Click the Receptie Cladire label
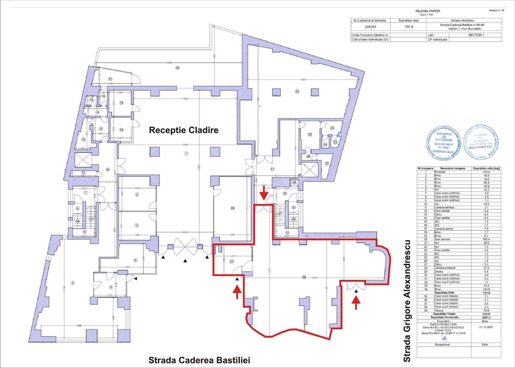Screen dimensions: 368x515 click(x=183, y=130)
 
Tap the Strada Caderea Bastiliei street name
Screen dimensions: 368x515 click(x=199, y=360)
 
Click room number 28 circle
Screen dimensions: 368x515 click(x=233, y=208)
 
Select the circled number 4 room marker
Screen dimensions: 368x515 click(x=72, y=283)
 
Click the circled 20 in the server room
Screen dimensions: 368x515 click(x=297, y=91)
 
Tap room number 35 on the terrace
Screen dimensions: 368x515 click(x=177, y=68)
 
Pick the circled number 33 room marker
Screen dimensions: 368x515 click(x=232, y=261)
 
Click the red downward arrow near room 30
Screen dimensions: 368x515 click(x=264, y=193)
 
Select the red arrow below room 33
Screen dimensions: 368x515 click(x=237, y=292)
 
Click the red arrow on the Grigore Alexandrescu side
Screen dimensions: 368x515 click(x=356, y=302)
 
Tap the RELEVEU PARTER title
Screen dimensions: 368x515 click(x=428, y=11)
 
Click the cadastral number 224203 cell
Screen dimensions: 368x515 click(x=370, y=27)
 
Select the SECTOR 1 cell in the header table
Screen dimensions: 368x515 click(x=476, y=35)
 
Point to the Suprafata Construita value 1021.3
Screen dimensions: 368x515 click(x=486, y=317)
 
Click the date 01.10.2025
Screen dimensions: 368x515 click(x=486, y=327)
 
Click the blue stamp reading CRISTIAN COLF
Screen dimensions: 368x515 click(x=444, y=143)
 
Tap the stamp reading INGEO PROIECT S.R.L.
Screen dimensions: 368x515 click(x=481, y=142)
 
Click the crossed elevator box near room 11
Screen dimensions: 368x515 click(x=83, y=161)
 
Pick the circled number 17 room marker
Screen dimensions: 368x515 click(x=110, y=79)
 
